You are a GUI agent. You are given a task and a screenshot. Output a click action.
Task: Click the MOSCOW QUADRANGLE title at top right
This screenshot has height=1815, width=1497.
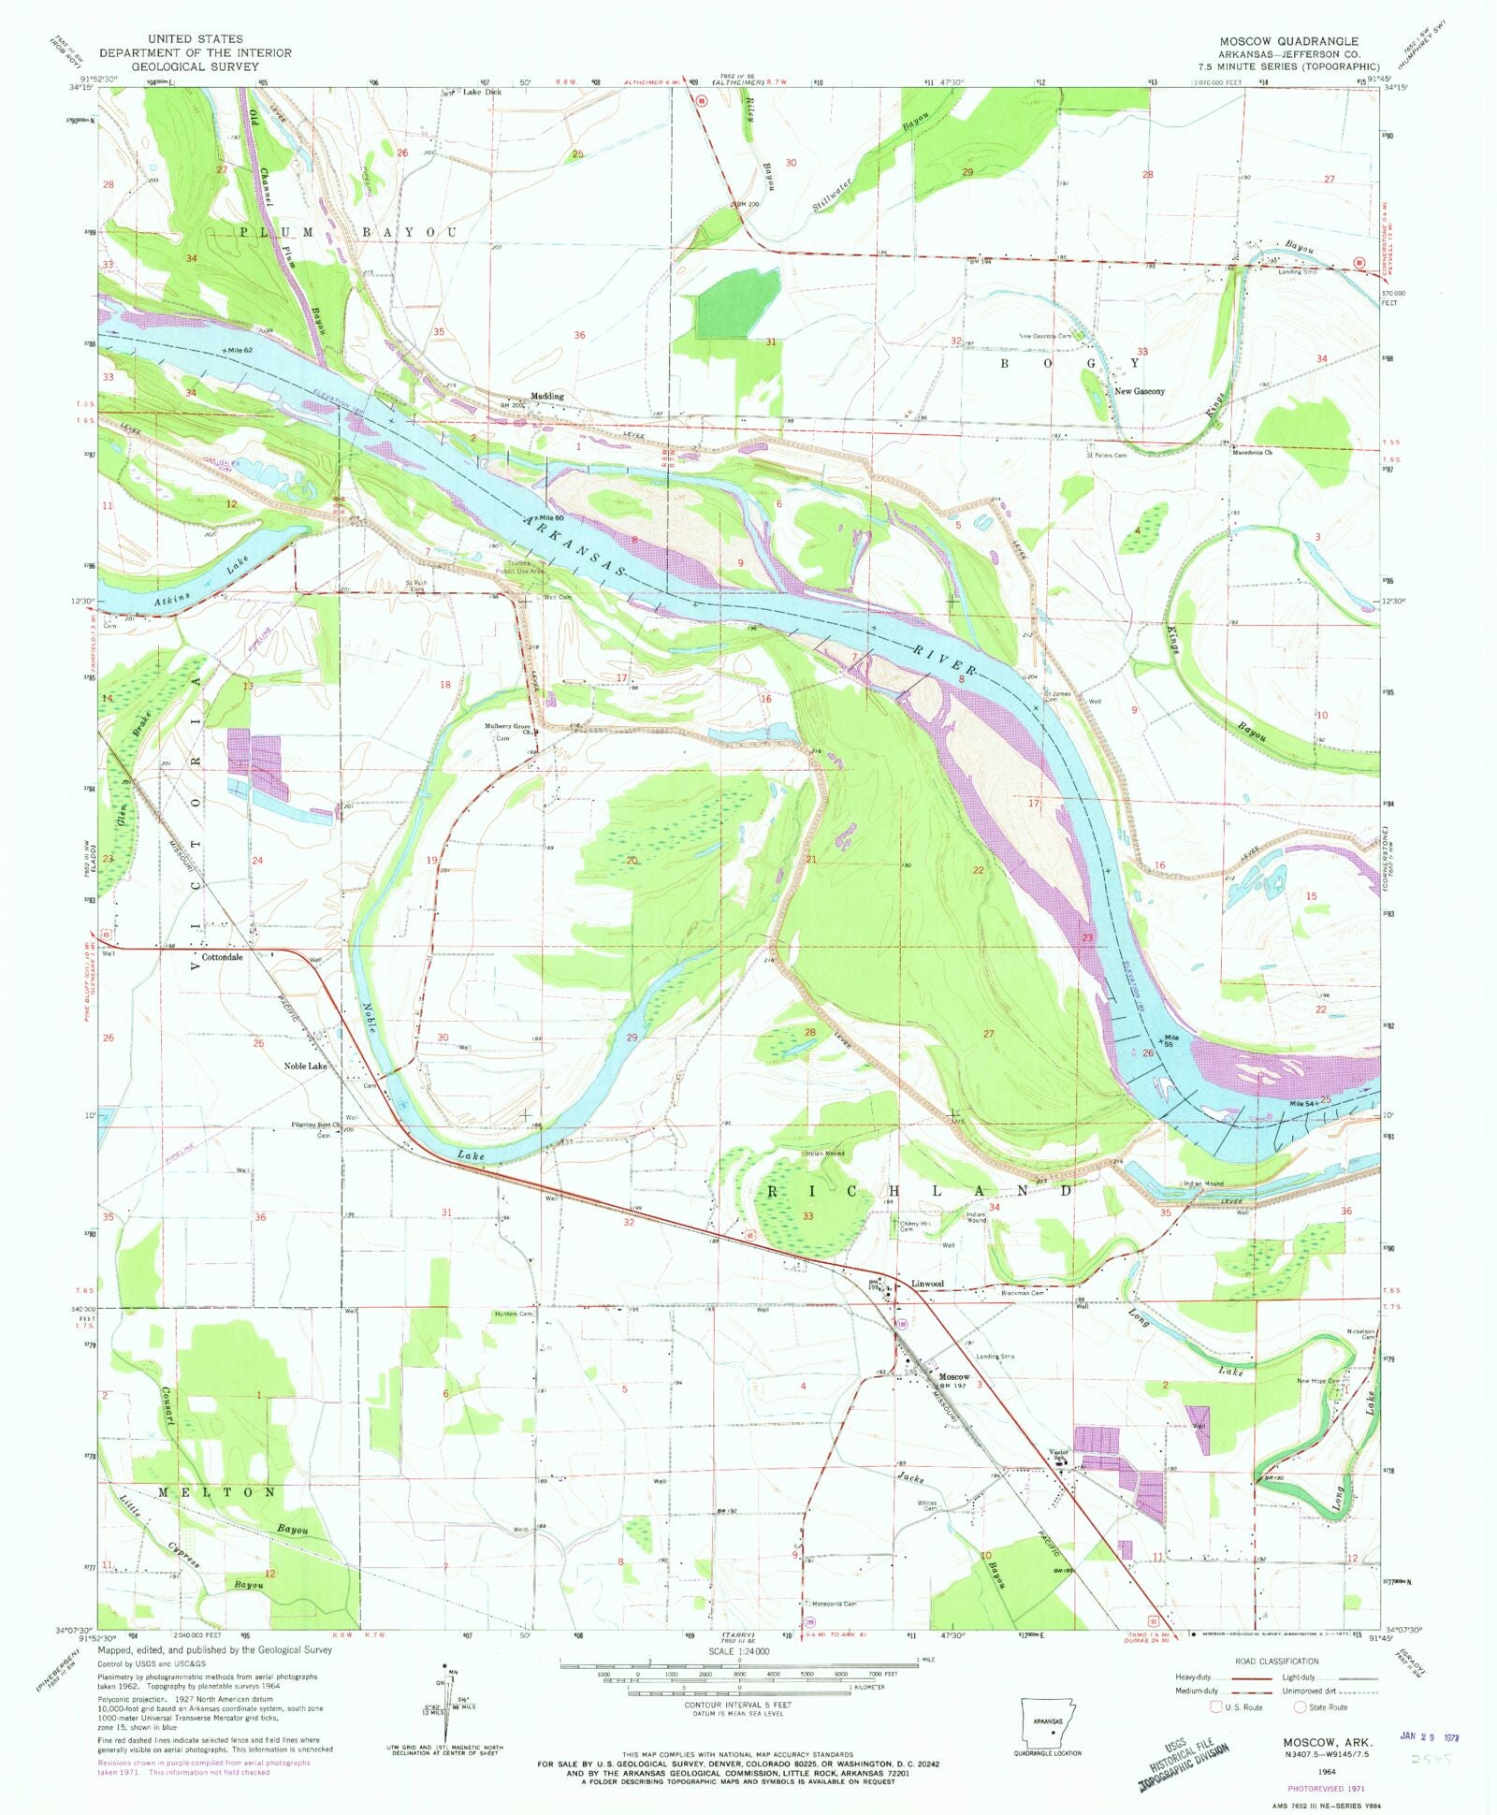click(1287, 41)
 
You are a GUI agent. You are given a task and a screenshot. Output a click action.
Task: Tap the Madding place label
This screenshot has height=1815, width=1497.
click(547, 396)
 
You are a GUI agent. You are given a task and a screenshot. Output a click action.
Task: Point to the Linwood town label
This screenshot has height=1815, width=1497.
click(927, 1284)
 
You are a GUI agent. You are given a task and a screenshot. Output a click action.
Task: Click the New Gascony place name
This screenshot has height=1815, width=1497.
click(1139, 391)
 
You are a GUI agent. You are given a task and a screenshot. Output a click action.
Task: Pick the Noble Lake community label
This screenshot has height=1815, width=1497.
click(305, 1066)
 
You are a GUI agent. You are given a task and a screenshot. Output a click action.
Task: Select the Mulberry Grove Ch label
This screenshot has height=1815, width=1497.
click(507, 729)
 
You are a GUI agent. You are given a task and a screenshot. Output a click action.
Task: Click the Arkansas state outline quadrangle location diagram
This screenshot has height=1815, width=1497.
click(1047, 1721)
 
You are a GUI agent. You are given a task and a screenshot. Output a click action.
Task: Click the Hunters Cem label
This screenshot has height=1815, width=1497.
click(513, 1314)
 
